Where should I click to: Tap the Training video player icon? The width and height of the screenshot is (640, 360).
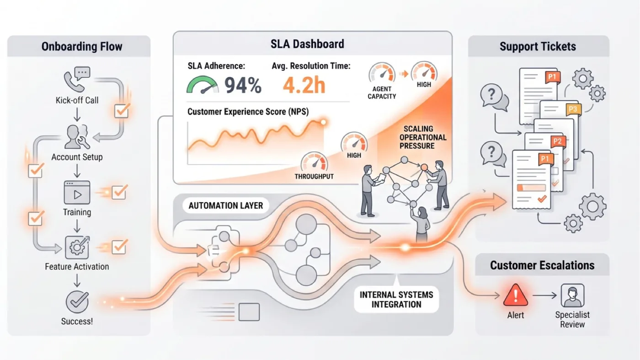[x=77, y=193]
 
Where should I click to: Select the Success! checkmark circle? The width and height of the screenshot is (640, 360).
[x=77, y=302]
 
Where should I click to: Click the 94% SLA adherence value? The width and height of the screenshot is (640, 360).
[x=243, y=85]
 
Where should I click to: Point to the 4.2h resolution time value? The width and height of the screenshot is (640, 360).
[x=304, y=85]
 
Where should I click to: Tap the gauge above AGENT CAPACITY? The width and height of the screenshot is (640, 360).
[x=382, y=73]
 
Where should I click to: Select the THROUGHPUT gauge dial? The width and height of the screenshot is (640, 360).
[x=314, y=162]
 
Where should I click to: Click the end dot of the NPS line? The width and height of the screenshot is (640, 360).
[x=323, y=123]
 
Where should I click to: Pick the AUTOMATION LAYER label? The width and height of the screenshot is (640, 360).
[x=226, y=205]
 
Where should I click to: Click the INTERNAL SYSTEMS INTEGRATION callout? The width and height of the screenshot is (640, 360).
[x=396, y=299]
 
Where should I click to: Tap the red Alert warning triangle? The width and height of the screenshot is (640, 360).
[x=516, y=295]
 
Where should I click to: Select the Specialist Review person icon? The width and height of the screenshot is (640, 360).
[x=572, y=296]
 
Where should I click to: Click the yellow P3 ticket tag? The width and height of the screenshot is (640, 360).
[x=573, y=109]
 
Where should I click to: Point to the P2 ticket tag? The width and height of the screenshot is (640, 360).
[x=557, y=141]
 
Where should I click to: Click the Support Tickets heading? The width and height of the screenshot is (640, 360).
[x=538, y=46]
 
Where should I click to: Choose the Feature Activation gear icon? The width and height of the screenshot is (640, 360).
[x=77, y=247]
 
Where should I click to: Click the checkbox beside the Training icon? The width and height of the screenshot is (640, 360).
[x=119, y=192]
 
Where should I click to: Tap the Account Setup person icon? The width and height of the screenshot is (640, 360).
[x=77, y=137]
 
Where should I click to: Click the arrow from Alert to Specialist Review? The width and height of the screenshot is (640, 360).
[x=544, y=295]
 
